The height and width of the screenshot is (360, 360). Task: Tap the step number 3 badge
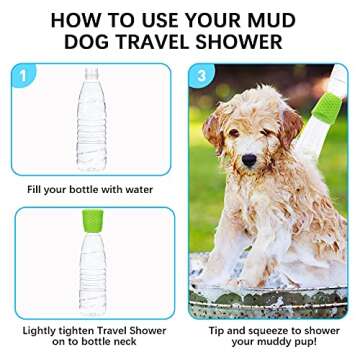(x=203, y=74)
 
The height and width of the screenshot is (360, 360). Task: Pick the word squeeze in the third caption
(x=258, y=329)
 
